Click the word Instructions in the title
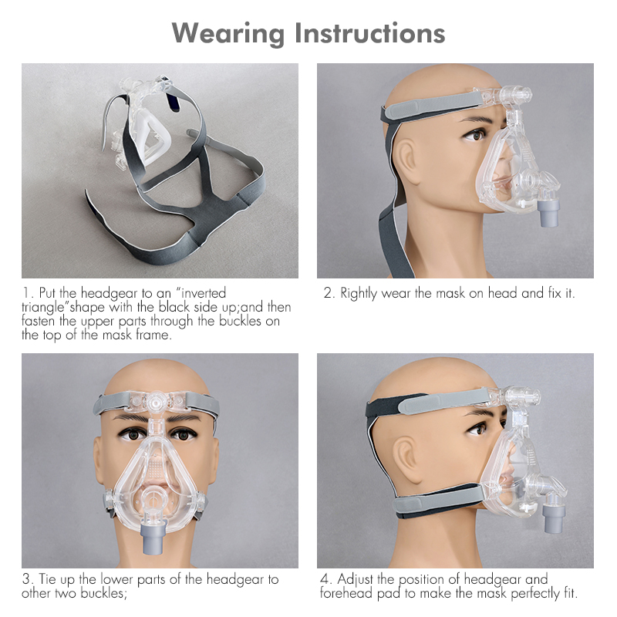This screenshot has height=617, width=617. [369, 33]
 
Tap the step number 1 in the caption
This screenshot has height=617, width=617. [25, 294]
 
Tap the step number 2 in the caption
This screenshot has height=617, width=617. [327, 294]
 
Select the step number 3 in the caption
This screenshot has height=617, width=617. [25, 579]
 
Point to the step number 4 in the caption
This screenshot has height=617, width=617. [324, 579]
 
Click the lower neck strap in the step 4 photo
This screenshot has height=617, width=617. [432, 504]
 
